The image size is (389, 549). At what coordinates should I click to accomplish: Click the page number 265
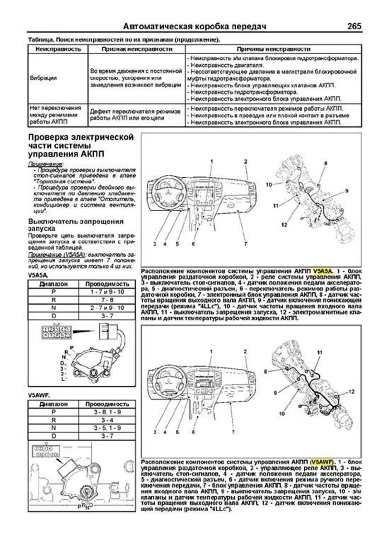[354, 26]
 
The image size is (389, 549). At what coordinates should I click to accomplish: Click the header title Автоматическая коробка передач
[195, 27]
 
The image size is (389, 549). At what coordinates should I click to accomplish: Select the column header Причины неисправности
[273, 49]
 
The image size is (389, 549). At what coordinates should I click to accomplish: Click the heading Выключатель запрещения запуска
[76, 225]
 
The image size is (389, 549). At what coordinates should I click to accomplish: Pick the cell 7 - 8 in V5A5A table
[107, 300]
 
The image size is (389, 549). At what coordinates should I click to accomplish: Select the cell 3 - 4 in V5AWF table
[107, 420]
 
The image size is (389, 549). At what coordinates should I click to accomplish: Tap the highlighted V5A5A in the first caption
[323, 271]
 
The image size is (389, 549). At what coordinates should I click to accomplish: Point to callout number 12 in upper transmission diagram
[284, 225]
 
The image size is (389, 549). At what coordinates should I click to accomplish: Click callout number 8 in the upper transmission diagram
[325, 164]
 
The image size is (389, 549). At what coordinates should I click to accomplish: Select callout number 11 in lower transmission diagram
[320, 353]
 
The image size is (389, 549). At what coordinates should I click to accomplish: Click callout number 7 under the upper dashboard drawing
[245, 244]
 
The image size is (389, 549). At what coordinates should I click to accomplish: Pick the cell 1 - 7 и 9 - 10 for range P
[107, 292]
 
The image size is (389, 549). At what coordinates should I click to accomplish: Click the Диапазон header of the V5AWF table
[53, 404]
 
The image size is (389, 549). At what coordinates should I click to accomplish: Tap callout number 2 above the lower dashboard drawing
[245, 352]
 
